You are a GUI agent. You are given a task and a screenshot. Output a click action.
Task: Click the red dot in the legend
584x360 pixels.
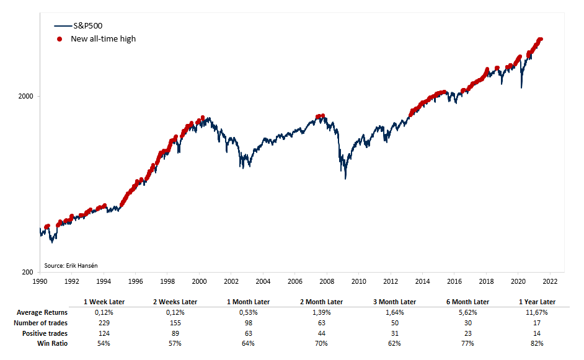coord(60,39)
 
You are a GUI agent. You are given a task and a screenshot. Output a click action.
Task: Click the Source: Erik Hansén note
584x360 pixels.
coord(71,265)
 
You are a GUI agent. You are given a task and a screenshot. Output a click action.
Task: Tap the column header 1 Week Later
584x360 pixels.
coord(104,302)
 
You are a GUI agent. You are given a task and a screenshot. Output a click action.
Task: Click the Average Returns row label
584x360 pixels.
coord(42,312)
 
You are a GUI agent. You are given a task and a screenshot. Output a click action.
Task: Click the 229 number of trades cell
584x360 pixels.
coord(104,322)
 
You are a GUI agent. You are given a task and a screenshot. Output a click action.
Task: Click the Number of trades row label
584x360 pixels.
coord(42,322)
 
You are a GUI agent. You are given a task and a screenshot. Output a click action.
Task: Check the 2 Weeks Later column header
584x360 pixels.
coord(176,302)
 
